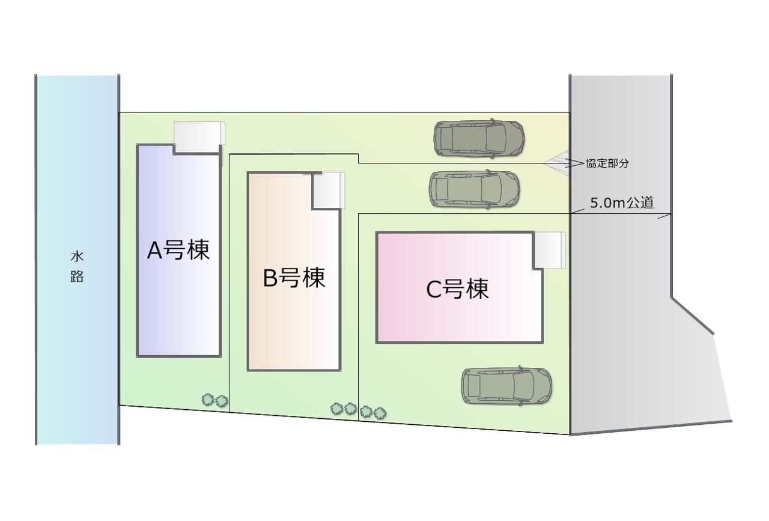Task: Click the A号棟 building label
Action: pyautogui.click(x=178, y=251)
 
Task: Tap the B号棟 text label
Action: pyautogui.click(x=294, y=278)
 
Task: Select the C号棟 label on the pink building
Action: pyautogui.click(x=457, y=290)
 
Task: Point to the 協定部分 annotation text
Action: pyautogui.click(x=607, y=163)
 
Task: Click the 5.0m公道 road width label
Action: pyautogui.click(x=622, y=203)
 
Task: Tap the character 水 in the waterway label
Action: pyautogui.click(x=77, y=257)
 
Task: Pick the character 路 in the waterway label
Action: pyautogui.click(x=77, y=277)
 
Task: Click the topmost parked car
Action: pyautogui.click(x=479, y=138)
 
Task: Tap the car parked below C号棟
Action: pyautogui.click(x=506, y=386)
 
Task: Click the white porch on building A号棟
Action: pyautogui.click(x=199, y=137)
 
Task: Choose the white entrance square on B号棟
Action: pyautogui.click(x=328, y=190)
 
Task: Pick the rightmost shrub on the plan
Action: pyautogui.click(x=380, y=413)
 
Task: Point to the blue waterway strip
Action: pyautogui.click(x=77, y=361)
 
